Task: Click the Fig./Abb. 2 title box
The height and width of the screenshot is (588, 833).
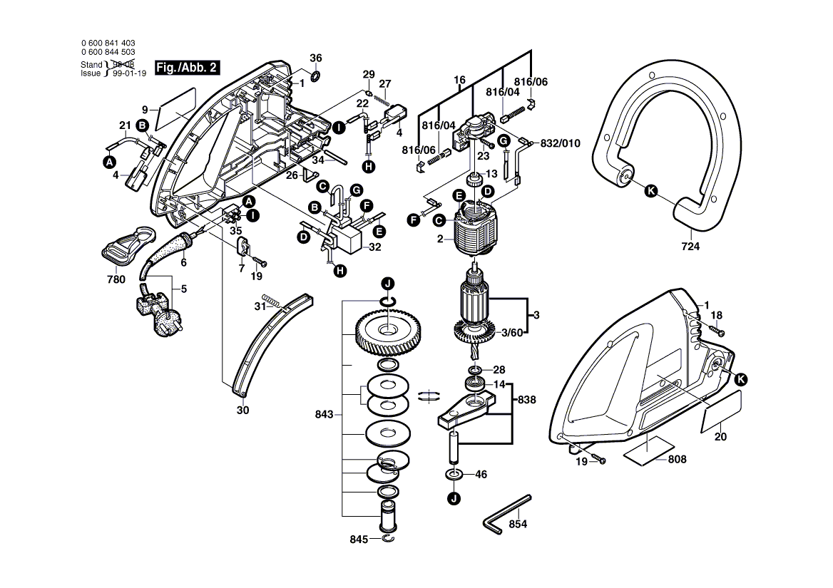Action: point(188,68)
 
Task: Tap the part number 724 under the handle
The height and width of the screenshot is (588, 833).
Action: point(690,246)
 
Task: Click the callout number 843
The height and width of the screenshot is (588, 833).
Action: point(324,414)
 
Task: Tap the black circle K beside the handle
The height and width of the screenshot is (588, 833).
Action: point(650,192)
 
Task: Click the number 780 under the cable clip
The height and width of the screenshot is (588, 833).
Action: point(116,279)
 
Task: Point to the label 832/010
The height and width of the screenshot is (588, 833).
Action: point(561,143)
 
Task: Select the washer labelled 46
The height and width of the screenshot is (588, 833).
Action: point(454,474)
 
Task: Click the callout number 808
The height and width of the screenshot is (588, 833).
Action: point(678,459)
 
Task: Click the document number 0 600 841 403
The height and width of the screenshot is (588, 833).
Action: point(108,43)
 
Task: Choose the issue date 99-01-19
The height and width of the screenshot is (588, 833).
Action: point(129,73)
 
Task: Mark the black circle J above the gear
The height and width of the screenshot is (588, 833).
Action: point(389,284)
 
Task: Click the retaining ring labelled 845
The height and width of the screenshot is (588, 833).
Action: point(389,539)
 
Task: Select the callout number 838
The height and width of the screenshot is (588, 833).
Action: point(526,400)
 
